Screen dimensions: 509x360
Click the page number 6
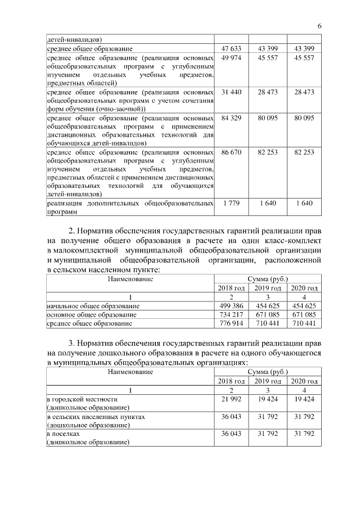pyautogui.click(x=319, y=26)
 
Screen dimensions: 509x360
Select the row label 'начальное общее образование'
pyautogui.click(x=93, y=305)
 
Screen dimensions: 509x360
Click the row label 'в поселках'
pyautogui.click(x=64, y=434)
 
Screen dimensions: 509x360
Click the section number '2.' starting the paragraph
pyautogui.click(x=71, y=231)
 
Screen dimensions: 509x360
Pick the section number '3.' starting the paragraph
pyautogui.click(x=71, y=342)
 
